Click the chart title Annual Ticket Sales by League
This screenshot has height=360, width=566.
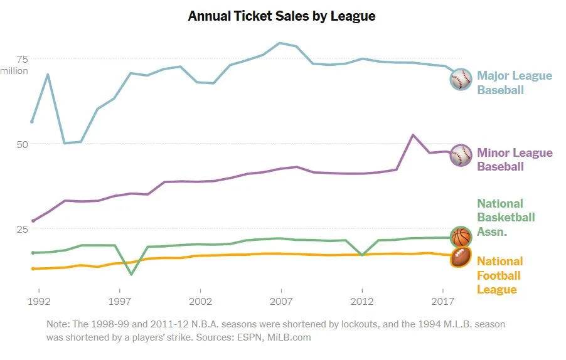[x=282, y=16]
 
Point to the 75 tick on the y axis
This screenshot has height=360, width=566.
[x=22, y=59]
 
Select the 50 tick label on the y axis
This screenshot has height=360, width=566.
[x=22, y=144]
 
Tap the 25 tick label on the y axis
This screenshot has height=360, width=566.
[x=22, y=229]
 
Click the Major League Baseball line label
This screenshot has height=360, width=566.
[x=515, y=83]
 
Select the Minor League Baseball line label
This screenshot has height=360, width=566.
[x=515, y=159]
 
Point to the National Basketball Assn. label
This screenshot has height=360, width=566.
[x=506, y=218]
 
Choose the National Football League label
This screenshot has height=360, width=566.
[x=499, y=275]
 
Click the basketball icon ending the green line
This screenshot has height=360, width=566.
[x=461, y=237]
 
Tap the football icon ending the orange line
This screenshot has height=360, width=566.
[x=461, y=257]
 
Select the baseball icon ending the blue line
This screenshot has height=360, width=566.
[x=461, y=80]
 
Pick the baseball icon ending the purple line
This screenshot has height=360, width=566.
[x=461, y=155]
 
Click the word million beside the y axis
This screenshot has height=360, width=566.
[x=14, y=71]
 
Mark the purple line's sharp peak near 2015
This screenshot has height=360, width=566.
[x=412, y=135]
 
